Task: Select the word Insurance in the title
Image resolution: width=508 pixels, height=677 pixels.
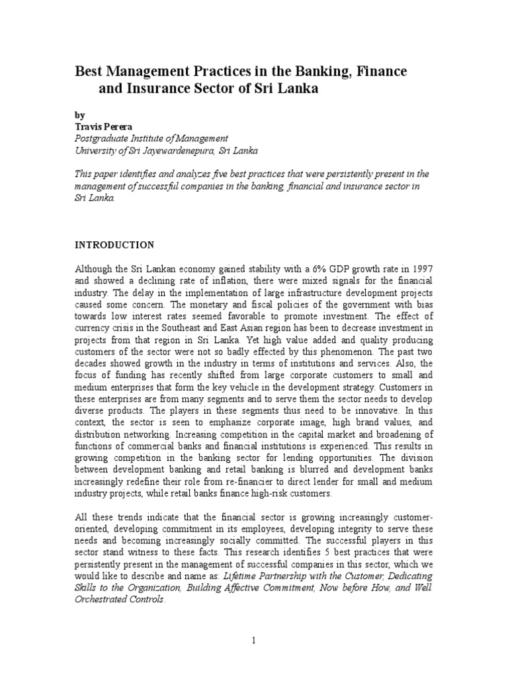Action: click(x=159, y=89)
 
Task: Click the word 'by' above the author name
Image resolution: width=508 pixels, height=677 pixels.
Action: click(x=79, y=114)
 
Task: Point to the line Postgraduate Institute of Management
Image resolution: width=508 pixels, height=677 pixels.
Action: click(x=151, y=138)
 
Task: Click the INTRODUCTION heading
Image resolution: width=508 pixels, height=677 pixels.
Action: click(x=114, y=245)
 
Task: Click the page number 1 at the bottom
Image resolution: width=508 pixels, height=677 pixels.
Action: click(x=254, y=640)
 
